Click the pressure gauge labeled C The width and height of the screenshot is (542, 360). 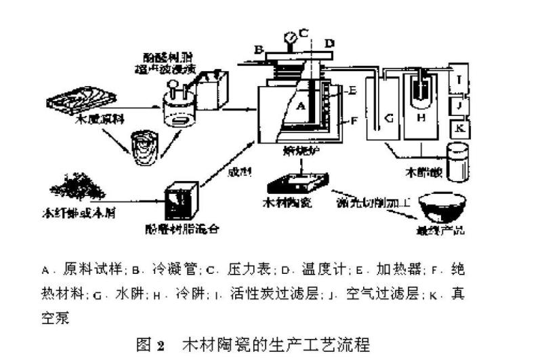pyautogui.click(x=291, y=36)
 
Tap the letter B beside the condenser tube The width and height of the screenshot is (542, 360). pyautogui.click(x=258, y=49)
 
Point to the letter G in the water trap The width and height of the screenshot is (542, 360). pyautogui.click(x=389, y=119)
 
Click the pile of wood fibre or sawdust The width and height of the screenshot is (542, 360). pyautogui.click(x=75, y=185)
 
